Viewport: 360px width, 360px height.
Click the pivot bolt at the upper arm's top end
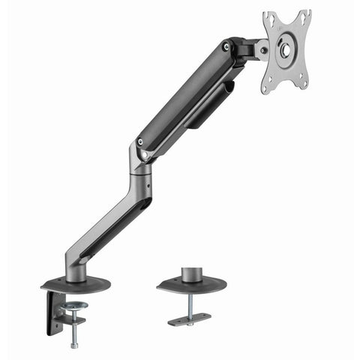click(226, 48)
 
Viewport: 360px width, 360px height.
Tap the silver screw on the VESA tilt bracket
click(262, 52)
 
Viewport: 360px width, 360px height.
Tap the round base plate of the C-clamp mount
click(76, 284)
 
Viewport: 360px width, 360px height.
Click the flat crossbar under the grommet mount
click(189, 320)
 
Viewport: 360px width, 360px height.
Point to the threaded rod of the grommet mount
click(190, 304)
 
